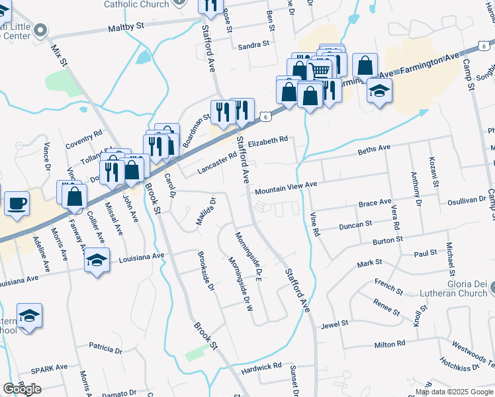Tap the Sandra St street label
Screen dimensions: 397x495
[253, 46]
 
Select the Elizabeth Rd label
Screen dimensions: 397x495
[269, 140]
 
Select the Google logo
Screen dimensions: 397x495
[22, 389]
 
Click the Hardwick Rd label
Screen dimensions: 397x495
[262, 365]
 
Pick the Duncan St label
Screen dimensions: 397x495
[355, 225]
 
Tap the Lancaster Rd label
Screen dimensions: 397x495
[216, 165]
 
